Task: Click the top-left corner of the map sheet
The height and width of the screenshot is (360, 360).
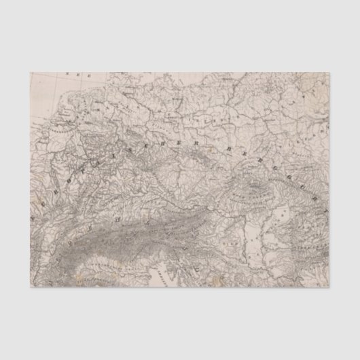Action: click(x=29, y=73)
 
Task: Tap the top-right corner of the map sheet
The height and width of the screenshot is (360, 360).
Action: click(x=331, y=73)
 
